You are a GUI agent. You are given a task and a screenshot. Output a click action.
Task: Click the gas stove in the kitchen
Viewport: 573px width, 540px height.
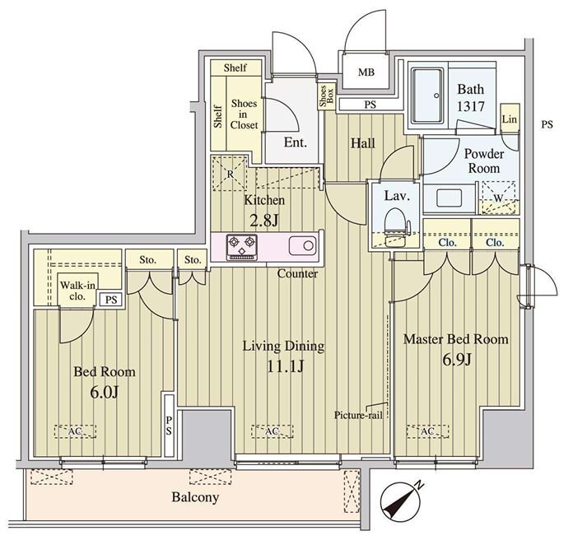(x=241, y=247)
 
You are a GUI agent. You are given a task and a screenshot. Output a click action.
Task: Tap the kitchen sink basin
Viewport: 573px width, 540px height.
(x=303, y=246)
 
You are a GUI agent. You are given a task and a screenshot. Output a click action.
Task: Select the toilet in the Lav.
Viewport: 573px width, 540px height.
(x=396, y=223)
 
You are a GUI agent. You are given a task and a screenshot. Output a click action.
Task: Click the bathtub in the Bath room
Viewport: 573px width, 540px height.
(x=428, y=95)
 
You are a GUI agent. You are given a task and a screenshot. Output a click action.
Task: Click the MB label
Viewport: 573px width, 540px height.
(x=366, y=72)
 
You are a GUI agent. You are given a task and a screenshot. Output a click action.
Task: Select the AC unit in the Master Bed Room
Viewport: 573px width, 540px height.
(x=427, y=431)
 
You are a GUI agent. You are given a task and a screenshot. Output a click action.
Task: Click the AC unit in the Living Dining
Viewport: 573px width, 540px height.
(x=272, y=431)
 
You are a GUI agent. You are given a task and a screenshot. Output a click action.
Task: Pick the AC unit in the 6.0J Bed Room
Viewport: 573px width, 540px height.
(x=75, y=431)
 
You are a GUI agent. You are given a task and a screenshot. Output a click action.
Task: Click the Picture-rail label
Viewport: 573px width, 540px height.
(x=358, y=416)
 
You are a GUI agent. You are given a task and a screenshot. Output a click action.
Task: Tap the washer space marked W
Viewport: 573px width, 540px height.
(x=498, y=198)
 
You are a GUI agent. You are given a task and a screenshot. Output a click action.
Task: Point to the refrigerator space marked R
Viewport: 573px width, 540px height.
(x=231, y=174)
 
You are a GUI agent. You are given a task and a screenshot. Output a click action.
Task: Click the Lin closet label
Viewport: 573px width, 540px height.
(x=510, y=119)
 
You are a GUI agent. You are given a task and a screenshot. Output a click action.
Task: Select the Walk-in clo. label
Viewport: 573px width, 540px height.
(x=77, y=291)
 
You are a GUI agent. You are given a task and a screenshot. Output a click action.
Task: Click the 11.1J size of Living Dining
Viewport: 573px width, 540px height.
(x=285, y=365)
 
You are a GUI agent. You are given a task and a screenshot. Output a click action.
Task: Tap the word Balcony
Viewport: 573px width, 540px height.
(x=195, y=497)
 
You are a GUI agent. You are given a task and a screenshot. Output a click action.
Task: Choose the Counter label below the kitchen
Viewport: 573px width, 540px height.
(x=297, y=273)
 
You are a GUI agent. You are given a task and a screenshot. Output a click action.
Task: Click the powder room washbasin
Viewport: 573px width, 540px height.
(x=450, y=198)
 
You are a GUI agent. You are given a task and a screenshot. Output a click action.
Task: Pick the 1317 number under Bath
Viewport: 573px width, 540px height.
(x=471, y=106)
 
